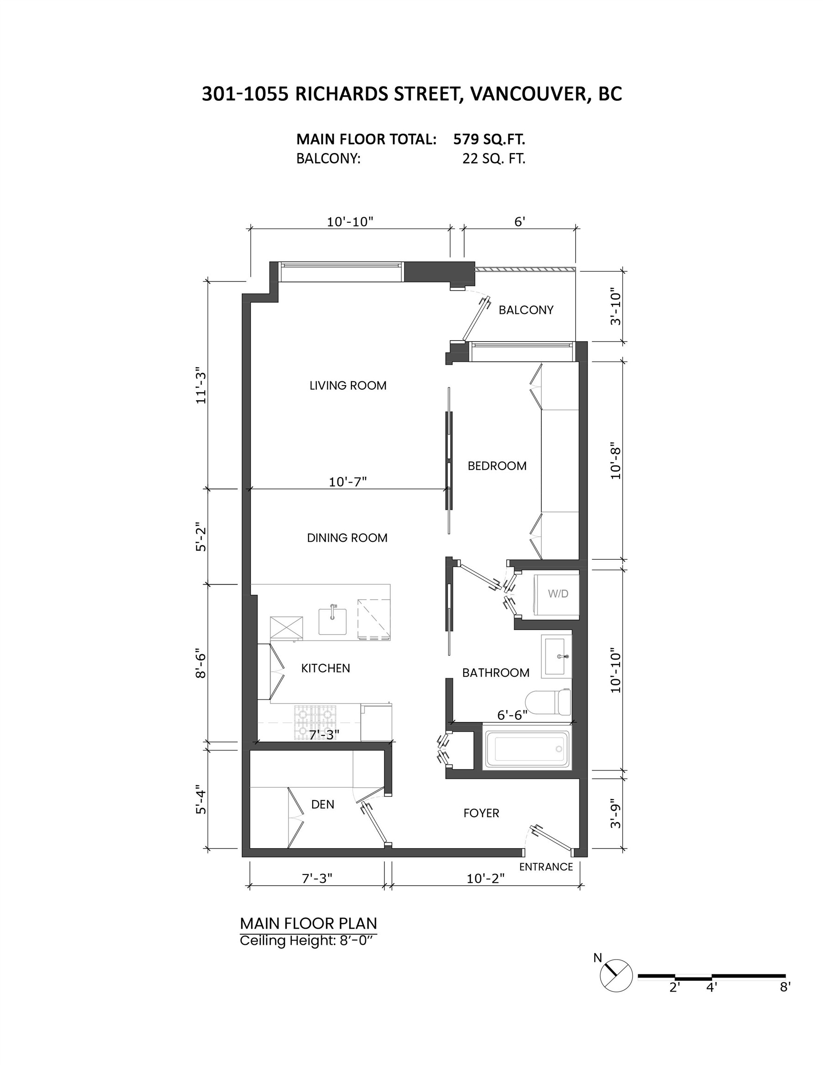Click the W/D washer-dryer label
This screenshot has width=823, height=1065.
click(558, 594)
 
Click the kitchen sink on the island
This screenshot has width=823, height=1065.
click(332, 621)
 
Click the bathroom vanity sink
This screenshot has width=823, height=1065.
click(557, 656)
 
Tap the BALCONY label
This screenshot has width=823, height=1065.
click(525, 310)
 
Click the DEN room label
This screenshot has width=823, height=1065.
click(322, 804)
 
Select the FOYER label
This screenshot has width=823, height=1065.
click(481, 813)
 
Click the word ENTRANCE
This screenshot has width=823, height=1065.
click(546, 866)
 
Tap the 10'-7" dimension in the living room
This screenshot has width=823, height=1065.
click(347, 482)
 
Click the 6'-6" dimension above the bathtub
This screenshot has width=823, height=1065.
click(512, 715)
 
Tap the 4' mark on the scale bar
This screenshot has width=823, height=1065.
click(711, 987)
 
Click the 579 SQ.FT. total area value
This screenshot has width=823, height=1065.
click(489, 140)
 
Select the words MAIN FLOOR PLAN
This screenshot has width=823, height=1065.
click(308, 923)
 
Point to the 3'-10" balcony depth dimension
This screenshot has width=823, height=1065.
click(616, 308)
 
